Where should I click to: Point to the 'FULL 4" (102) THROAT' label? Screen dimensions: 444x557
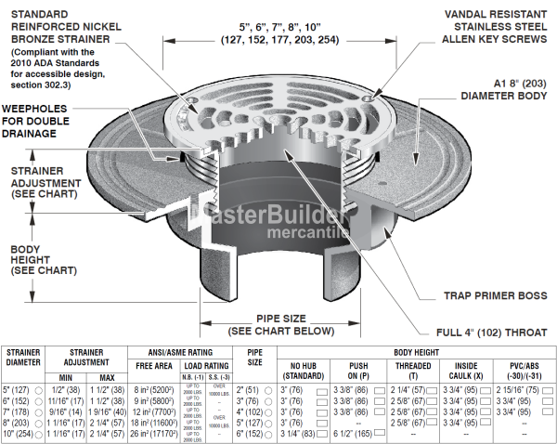click(x=488, y=332)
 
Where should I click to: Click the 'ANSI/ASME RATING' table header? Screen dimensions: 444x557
click(x=180, y=353)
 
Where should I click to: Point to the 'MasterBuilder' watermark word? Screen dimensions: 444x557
click(x=255, y=216)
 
